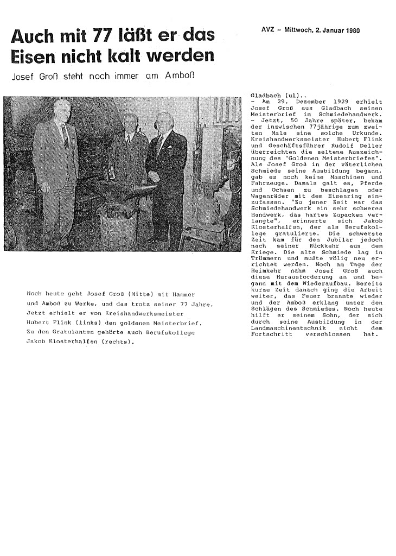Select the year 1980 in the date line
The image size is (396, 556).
tap(352, 29)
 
